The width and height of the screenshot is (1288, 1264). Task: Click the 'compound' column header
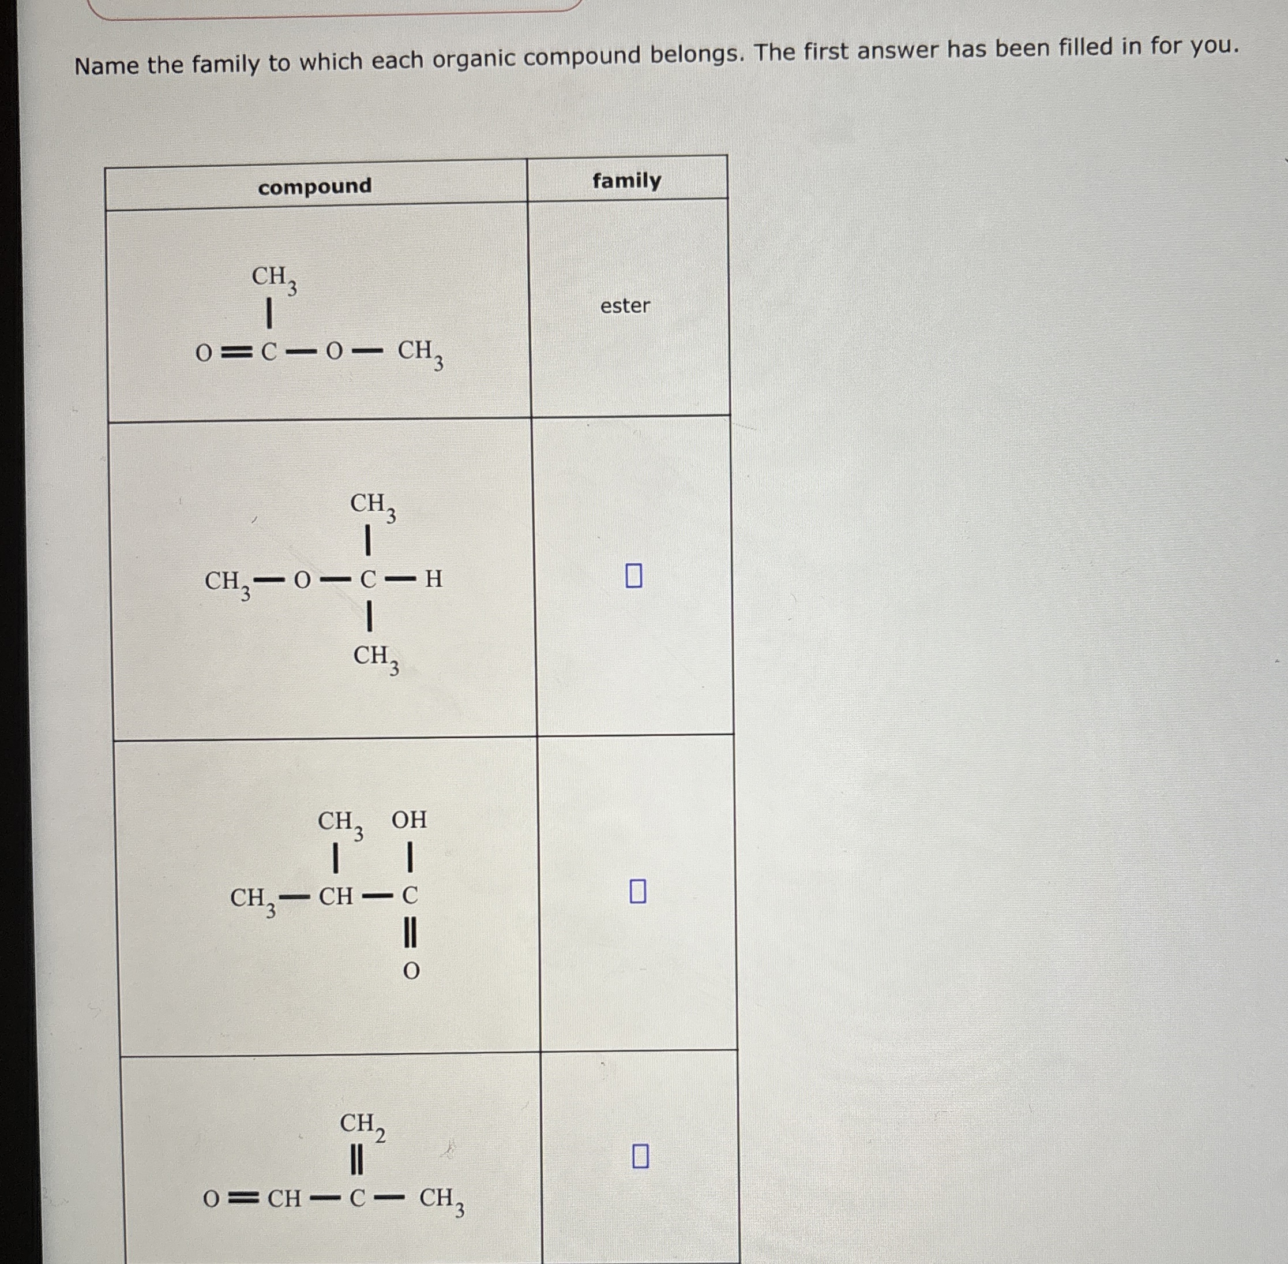click(x=314, y=186)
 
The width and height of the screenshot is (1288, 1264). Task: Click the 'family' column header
click(x=626, y=181)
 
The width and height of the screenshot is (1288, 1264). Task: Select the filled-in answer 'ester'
click(x=625, y=305)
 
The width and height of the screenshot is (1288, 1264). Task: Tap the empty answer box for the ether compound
click(x=634, y=575)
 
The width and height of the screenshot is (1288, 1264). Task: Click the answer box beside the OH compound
click(x=637, y=891)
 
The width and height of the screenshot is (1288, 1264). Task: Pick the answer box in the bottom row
click(x=640, y=1156)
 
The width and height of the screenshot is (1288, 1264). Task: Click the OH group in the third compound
click(x=409, y=821)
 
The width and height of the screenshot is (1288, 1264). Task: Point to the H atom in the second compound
click(x=433, y=579)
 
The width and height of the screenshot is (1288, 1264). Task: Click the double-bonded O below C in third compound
click(x=411, y=972)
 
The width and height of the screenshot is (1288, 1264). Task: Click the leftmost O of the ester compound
click(x=204, y=354)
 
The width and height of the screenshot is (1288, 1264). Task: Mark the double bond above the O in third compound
click(x=411, y=934)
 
